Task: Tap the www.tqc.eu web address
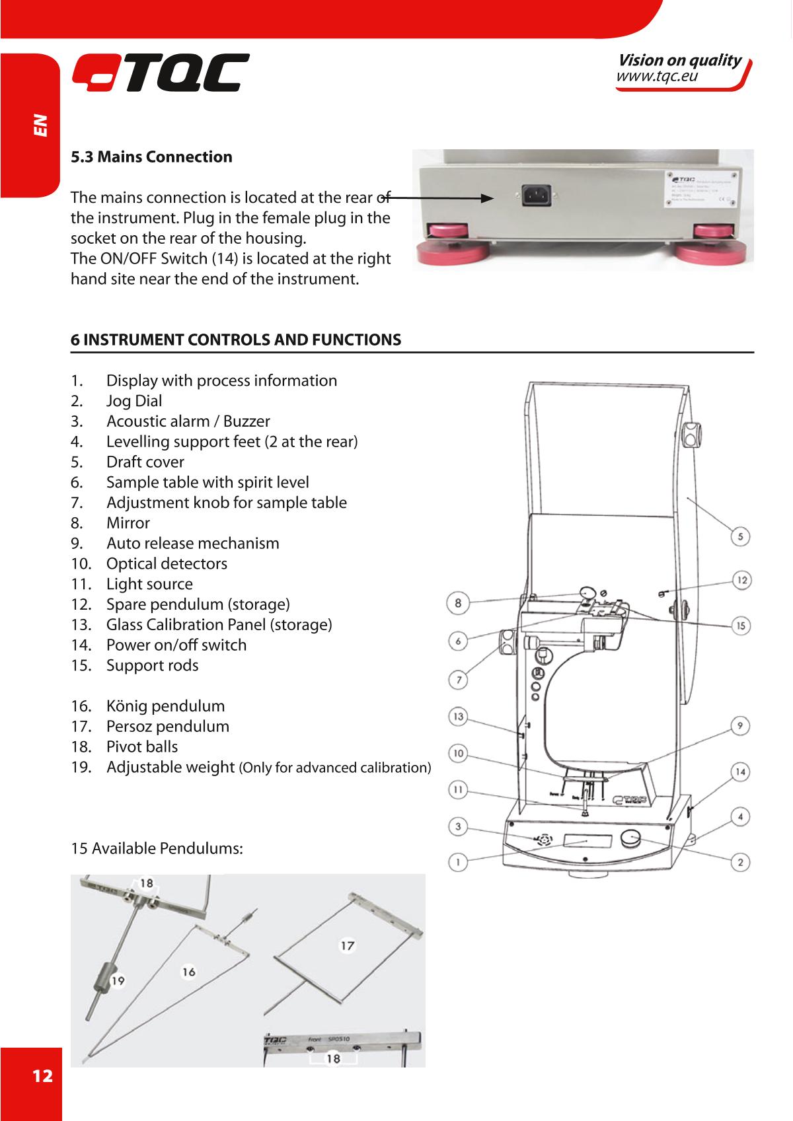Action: click(657, 77)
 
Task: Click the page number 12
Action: click(42, 1076)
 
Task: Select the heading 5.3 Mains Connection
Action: click(151, 157)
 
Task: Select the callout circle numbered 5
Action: click(741, 536)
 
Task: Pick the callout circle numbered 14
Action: click(741, 772)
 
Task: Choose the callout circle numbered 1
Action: click(458, 861)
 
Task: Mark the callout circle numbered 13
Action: click(458, 717)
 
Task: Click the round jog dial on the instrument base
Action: click(632, 839)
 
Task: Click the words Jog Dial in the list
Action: click(134, 401)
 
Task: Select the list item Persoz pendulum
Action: click(168, 727)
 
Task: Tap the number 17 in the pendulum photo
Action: click(347, 946)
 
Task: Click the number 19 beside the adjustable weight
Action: click(118, 981)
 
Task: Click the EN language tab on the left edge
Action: click(41, 125)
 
